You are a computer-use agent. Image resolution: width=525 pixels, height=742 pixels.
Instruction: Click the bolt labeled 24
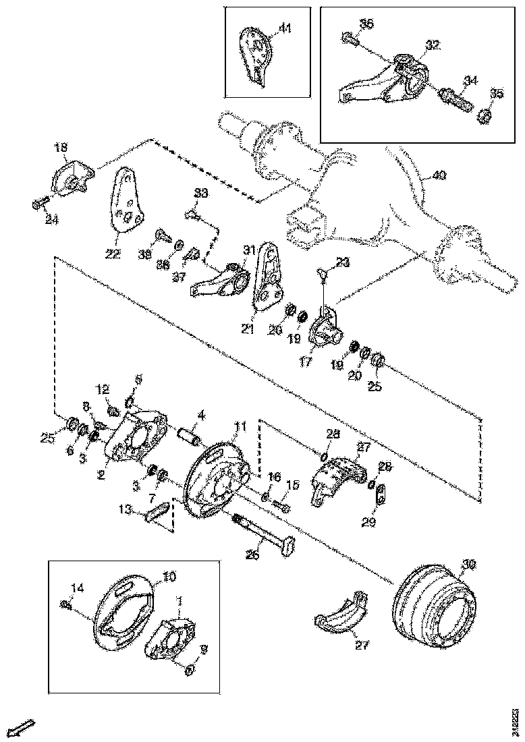40,204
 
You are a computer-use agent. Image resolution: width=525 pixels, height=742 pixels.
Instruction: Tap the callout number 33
200,194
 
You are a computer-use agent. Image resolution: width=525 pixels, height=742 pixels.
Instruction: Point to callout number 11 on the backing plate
240,426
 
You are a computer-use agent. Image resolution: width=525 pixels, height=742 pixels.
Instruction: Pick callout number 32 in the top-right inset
432,45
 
